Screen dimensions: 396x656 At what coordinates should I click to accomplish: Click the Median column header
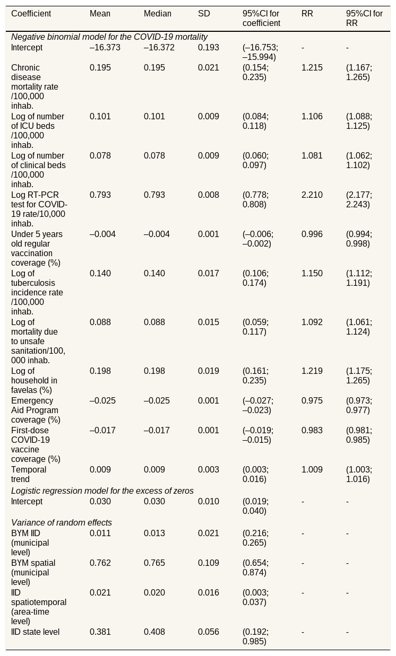tap(158, 13)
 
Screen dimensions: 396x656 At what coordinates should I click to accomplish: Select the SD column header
tap(204, 13)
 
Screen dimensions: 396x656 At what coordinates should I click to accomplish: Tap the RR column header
tap(307, 13)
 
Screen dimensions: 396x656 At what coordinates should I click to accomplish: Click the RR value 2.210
tap(312, 195)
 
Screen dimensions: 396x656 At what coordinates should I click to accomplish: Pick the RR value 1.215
tap(312, 68)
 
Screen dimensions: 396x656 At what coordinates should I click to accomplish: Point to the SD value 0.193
tap(209, 47)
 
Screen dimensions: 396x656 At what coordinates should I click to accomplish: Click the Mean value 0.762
tap(100, 563)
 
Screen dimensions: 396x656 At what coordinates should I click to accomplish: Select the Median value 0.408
tap(154, 632)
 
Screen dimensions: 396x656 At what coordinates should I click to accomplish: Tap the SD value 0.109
tap(209, 563)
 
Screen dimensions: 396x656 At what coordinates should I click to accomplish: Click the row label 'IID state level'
tap(35, 632)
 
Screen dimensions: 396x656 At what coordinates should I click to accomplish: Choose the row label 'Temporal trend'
tap(29, 475)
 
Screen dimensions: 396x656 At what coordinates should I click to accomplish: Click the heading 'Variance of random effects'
tap(62, 523)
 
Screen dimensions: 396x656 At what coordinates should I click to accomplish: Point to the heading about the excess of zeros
tap(102, 491)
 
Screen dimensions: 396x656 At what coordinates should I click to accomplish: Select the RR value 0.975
tap(312, 400)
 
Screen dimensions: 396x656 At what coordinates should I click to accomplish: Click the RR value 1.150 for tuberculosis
tap(312, 273)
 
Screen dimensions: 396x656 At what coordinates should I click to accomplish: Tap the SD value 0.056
tap(209, 632)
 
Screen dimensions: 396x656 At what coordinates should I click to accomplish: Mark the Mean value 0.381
tap(100, 632)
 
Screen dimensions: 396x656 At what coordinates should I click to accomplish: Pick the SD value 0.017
tap(209, 273)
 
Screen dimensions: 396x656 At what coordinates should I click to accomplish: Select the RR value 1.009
tap(312, 469)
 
